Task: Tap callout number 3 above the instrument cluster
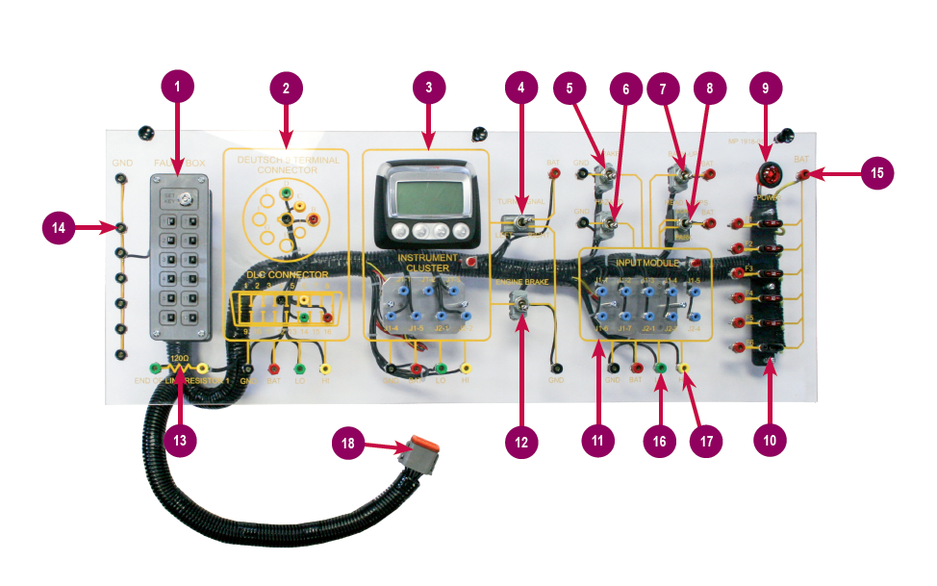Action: tap(428, 88)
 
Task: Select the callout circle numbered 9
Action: tap(766, 88)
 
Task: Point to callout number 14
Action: tap(60, 228)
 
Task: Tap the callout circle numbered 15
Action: tap(876, 173)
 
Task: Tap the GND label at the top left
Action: tap(121, 163)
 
